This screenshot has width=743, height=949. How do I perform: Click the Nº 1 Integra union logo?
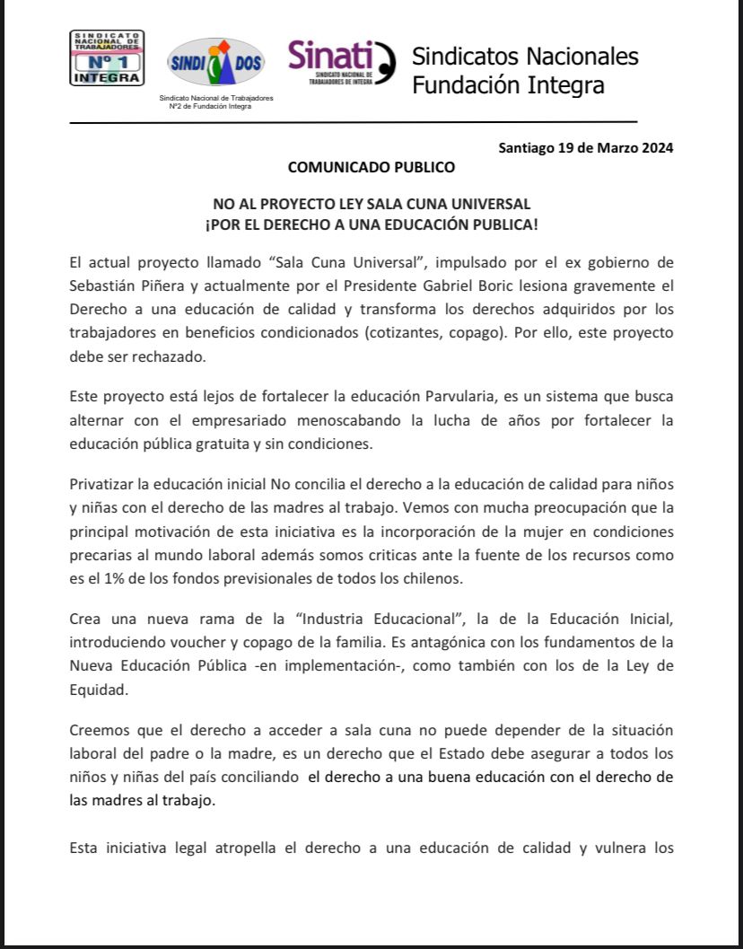107,58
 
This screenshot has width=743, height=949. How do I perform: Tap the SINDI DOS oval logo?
216,62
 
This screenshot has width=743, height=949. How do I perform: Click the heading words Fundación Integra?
508,86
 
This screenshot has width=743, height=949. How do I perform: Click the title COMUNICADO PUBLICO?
371,167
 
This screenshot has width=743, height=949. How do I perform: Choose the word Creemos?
100,732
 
